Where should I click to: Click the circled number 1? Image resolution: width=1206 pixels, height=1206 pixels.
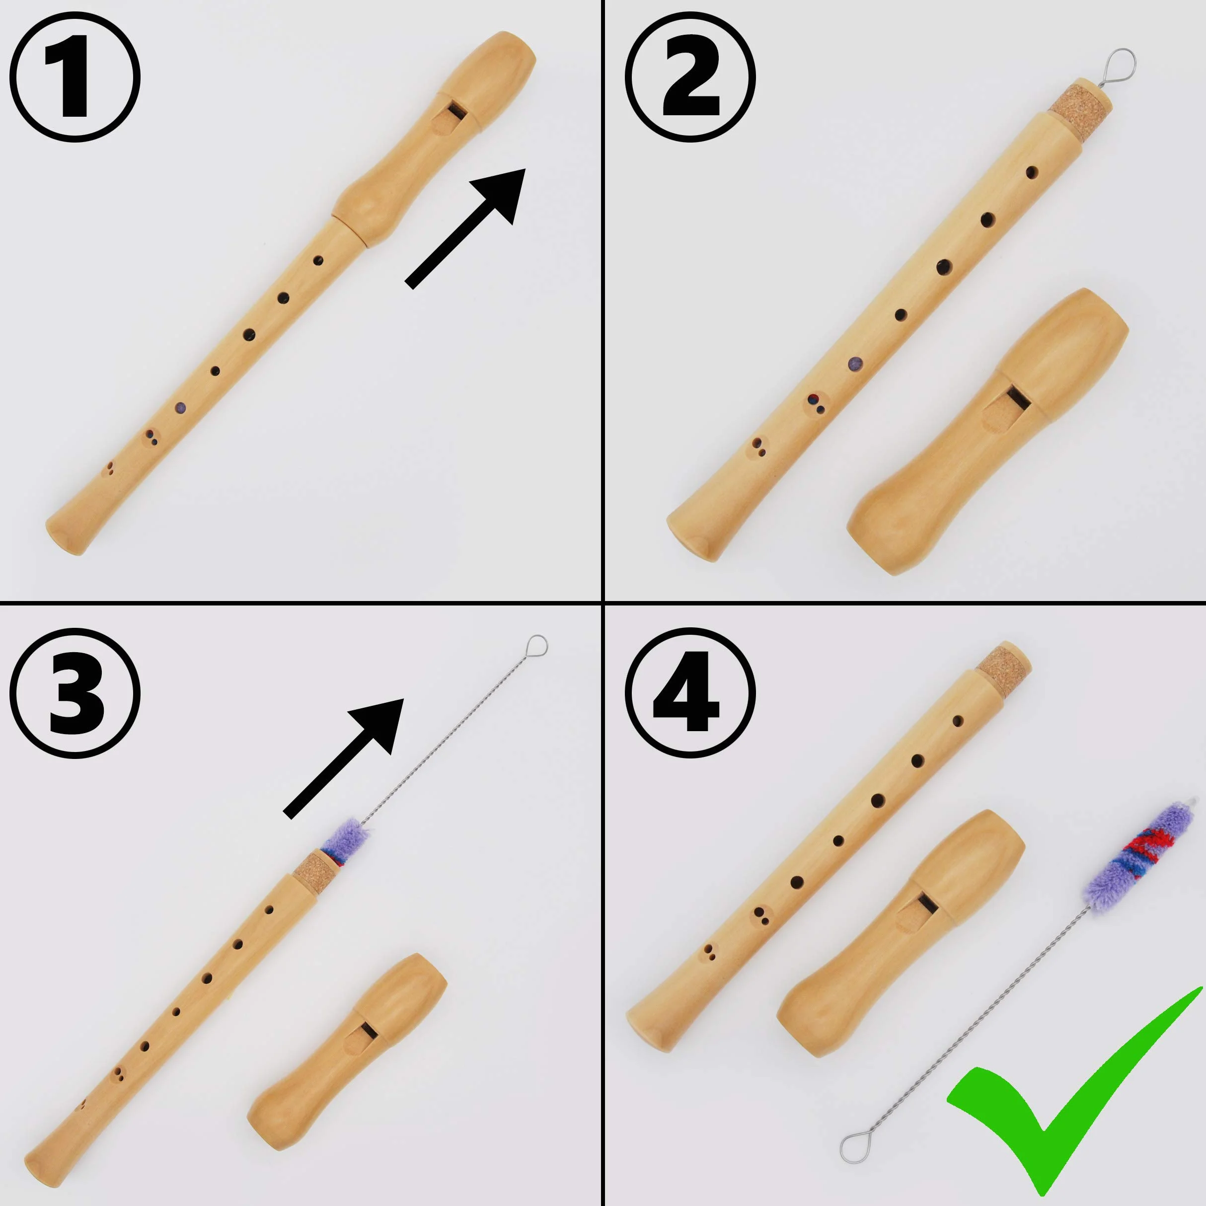[75, 77]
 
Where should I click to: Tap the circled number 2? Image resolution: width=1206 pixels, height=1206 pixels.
[690, 77]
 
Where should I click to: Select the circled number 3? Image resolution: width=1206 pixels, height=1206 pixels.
[75, 693]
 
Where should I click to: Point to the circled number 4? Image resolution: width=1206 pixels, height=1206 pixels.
[690, 693]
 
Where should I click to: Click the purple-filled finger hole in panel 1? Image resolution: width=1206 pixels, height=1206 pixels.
[180, 408]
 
